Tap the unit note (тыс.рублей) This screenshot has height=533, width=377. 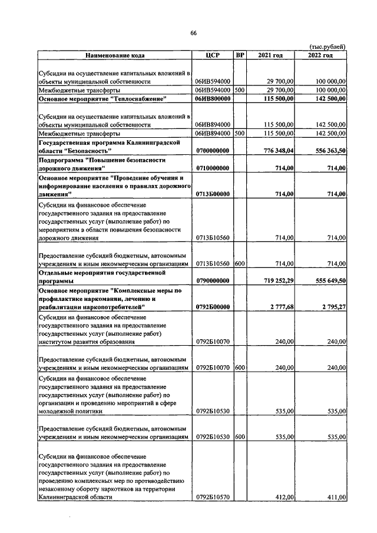click(327, 47)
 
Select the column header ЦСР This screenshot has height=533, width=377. click(213, 55)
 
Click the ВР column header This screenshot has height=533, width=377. click(240, 55)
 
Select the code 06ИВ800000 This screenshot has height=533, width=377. click(213, 99)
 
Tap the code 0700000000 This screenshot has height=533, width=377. click(213, 152)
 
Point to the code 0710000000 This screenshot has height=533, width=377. click(213, 168)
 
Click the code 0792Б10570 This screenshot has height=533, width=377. click(213, 497)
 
